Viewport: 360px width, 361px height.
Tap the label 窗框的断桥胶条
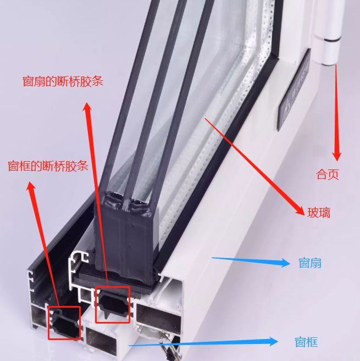pyautogui.click(x=48, y=166)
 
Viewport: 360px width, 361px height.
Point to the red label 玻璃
pyautogui.click(x=319, y=212)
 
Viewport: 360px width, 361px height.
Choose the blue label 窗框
pyautogui.click(x=306, y=342)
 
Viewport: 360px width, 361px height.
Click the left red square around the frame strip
pyautogui.click(x=64, y=323)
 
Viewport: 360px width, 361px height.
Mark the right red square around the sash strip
pyautogui.click(x=113, y=304)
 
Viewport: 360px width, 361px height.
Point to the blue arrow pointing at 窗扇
pyautogui.click(x=250, y=261)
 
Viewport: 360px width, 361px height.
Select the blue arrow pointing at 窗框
pyautogui.click(x=203, y=344)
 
